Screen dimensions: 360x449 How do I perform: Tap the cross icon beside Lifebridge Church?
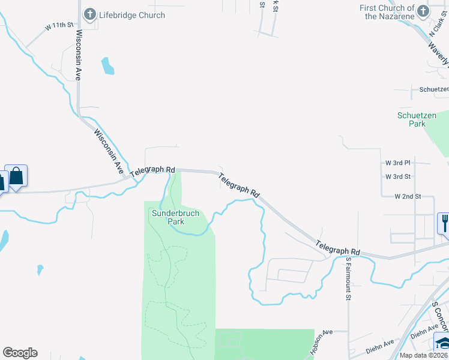coord(90,14)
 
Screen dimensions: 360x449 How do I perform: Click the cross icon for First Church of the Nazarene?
coord(423,11)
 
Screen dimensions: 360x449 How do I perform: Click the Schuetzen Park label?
coord(411,119)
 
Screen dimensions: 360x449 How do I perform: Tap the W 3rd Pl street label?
coord(398,163)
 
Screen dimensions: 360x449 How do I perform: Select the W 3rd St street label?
coord(398,176)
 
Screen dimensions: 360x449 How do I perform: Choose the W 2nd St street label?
coord(408,196)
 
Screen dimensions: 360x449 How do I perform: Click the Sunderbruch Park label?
coord(175,217)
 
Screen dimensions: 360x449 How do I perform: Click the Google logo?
coord(20,353)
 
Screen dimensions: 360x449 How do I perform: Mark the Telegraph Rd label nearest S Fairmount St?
coord(338,247)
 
